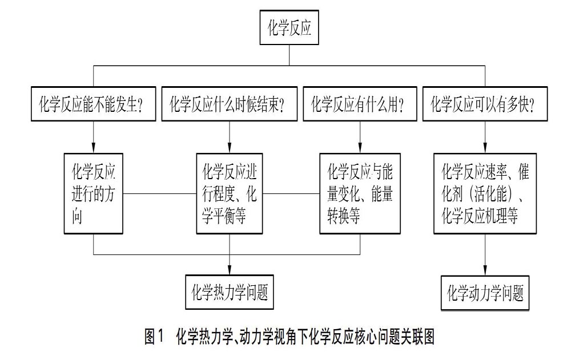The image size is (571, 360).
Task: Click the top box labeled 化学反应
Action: coord(289,27)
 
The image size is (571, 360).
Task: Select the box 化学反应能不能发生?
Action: coord(94,104)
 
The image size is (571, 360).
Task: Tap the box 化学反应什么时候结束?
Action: coord(230,104)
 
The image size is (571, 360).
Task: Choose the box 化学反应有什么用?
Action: coord(360,104)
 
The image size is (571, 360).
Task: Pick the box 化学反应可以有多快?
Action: coord(485,104)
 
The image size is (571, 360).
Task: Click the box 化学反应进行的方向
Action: coord(94,193)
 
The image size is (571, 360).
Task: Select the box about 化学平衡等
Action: coord(230,193)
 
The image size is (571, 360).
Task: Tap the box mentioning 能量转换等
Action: coord(360,193)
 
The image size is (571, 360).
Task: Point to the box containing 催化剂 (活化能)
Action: coord(485,193)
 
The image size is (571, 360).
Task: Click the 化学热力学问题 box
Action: coord(230,292)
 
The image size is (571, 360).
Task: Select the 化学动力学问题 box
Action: coord(485,293)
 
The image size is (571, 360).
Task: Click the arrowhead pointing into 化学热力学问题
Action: coord(230,270)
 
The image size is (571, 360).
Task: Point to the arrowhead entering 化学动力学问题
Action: coord(485,271)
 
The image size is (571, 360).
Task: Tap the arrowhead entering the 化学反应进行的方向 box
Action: coord(94,148)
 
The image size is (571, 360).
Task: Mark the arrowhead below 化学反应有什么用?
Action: coord(360,148)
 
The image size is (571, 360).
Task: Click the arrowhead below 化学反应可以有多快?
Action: coord(485,148)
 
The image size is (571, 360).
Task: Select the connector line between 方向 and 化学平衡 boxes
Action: coord(159,193)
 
